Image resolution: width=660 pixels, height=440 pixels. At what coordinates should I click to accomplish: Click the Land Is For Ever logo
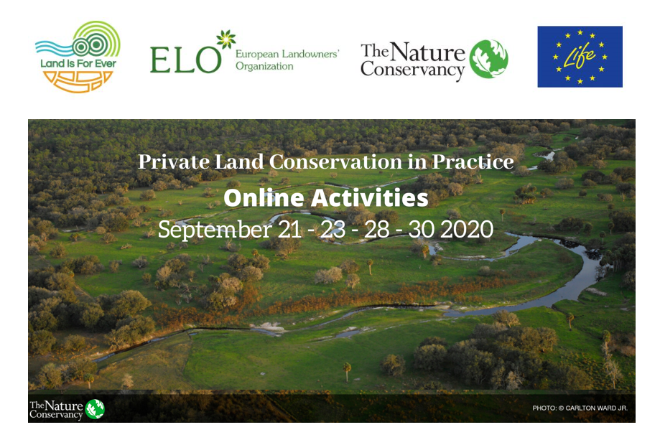[78, 56]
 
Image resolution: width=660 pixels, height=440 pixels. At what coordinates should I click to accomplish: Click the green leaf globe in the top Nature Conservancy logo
[488, 59]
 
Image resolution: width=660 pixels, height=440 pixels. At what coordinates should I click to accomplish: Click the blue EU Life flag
[580, 57]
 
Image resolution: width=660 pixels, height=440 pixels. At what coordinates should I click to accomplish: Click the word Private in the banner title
[167, 162]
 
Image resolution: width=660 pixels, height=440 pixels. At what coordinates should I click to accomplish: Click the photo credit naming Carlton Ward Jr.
[580, 408]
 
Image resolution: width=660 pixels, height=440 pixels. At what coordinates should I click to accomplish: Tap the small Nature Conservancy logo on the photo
[67, 408]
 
